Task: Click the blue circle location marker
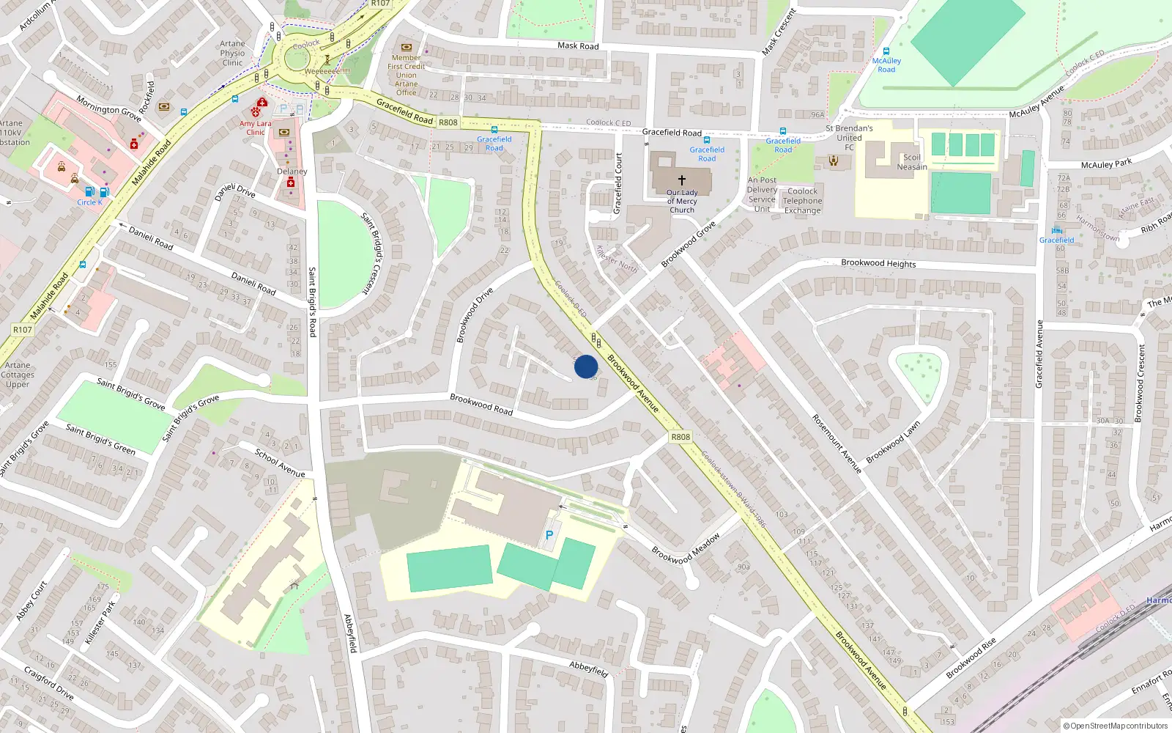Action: (586, 366)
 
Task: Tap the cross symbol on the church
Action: (682, 180)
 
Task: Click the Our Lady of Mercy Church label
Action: (682, 202)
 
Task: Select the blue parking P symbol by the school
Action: (549, 535)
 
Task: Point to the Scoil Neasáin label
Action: (912, 162)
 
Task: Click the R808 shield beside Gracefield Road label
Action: (448, 122)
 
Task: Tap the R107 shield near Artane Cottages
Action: (23, 330)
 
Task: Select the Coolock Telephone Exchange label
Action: (802, 201)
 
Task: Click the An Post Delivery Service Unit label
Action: (762, 194)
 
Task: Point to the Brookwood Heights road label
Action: (878, 263)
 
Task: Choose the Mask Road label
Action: (578, 45)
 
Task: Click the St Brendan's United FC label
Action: (849, 137)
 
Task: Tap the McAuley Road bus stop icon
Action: (886, 51)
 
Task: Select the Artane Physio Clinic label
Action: (232, 53)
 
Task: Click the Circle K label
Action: (89, 202)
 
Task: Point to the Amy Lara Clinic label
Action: (255, 128)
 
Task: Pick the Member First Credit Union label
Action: (407, 75)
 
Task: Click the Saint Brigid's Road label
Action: (312, 301)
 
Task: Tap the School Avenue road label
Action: (280, 463)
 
